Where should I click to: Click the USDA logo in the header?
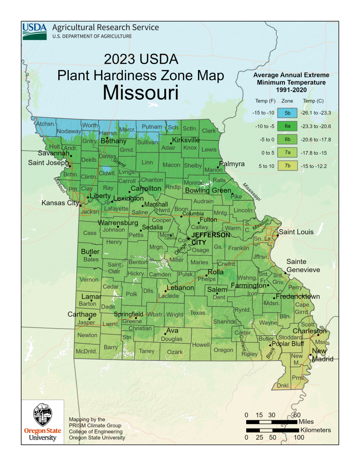tap(35, 31)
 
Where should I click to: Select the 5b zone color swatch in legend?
tap(287, 112)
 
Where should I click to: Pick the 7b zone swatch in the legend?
tap(287, 166)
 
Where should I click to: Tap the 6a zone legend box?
tap(287, 126)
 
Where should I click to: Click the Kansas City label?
tap(60, 203)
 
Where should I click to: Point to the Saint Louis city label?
tap(296, 232)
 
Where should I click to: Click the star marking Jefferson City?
tap(188, 238)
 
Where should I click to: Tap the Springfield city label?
tap(128, 314)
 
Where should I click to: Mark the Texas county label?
tap(198, 313)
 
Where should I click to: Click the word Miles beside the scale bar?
tap(310, 422)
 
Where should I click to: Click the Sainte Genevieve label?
tap(303, 266)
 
